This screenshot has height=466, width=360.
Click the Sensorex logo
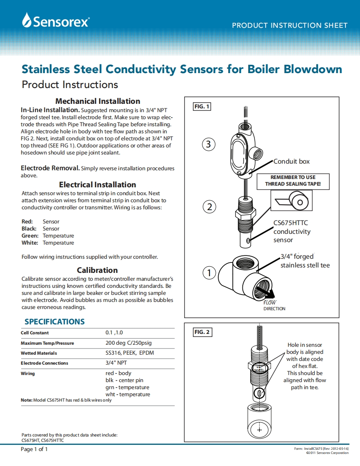coord(56,20)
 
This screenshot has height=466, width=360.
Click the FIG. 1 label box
coord(202,107)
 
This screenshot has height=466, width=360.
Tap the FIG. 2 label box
coord(202,332)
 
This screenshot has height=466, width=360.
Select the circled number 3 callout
coord(209,144)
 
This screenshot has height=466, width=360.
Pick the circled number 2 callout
coord(210,206)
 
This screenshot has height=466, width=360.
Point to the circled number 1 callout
coord(210,272)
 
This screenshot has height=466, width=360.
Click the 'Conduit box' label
coord(291,161)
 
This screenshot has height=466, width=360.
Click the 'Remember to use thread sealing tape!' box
coord(293,180)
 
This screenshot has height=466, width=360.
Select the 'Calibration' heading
coord(97,270)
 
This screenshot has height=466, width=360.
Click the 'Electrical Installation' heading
coord(97,184)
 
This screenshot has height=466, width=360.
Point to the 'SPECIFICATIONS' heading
coord(54,321)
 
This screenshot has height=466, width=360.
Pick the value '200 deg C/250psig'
coord(129,343)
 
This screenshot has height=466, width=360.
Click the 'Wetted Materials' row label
coord(39,353)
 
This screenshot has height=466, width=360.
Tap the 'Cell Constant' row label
coord(35,333)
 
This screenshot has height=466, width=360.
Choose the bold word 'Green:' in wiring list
coord(30,235)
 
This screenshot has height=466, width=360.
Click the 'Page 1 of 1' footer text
coord(35,449)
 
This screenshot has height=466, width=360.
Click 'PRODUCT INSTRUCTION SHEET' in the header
coord(289,25)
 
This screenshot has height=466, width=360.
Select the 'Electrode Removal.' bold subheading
coord(50,168)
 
